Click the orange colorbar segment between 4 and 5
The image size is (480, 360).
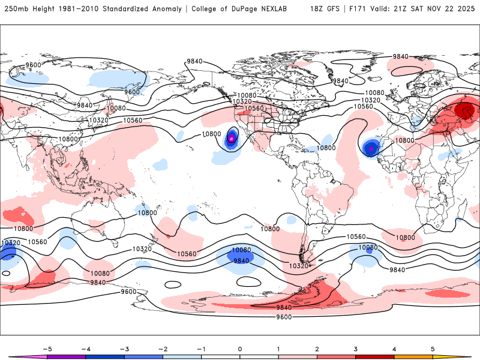pyautogui.click(x=413, y=357)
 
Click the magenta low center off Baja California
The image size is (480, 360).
pyautogui.click(x=231, y=140)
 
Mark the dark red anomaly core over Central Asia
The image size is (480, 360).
pyautogui.click(x=464, y=110)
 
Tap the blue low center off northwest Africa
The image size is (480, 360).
pyautogui.click(x=371, y=148)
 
